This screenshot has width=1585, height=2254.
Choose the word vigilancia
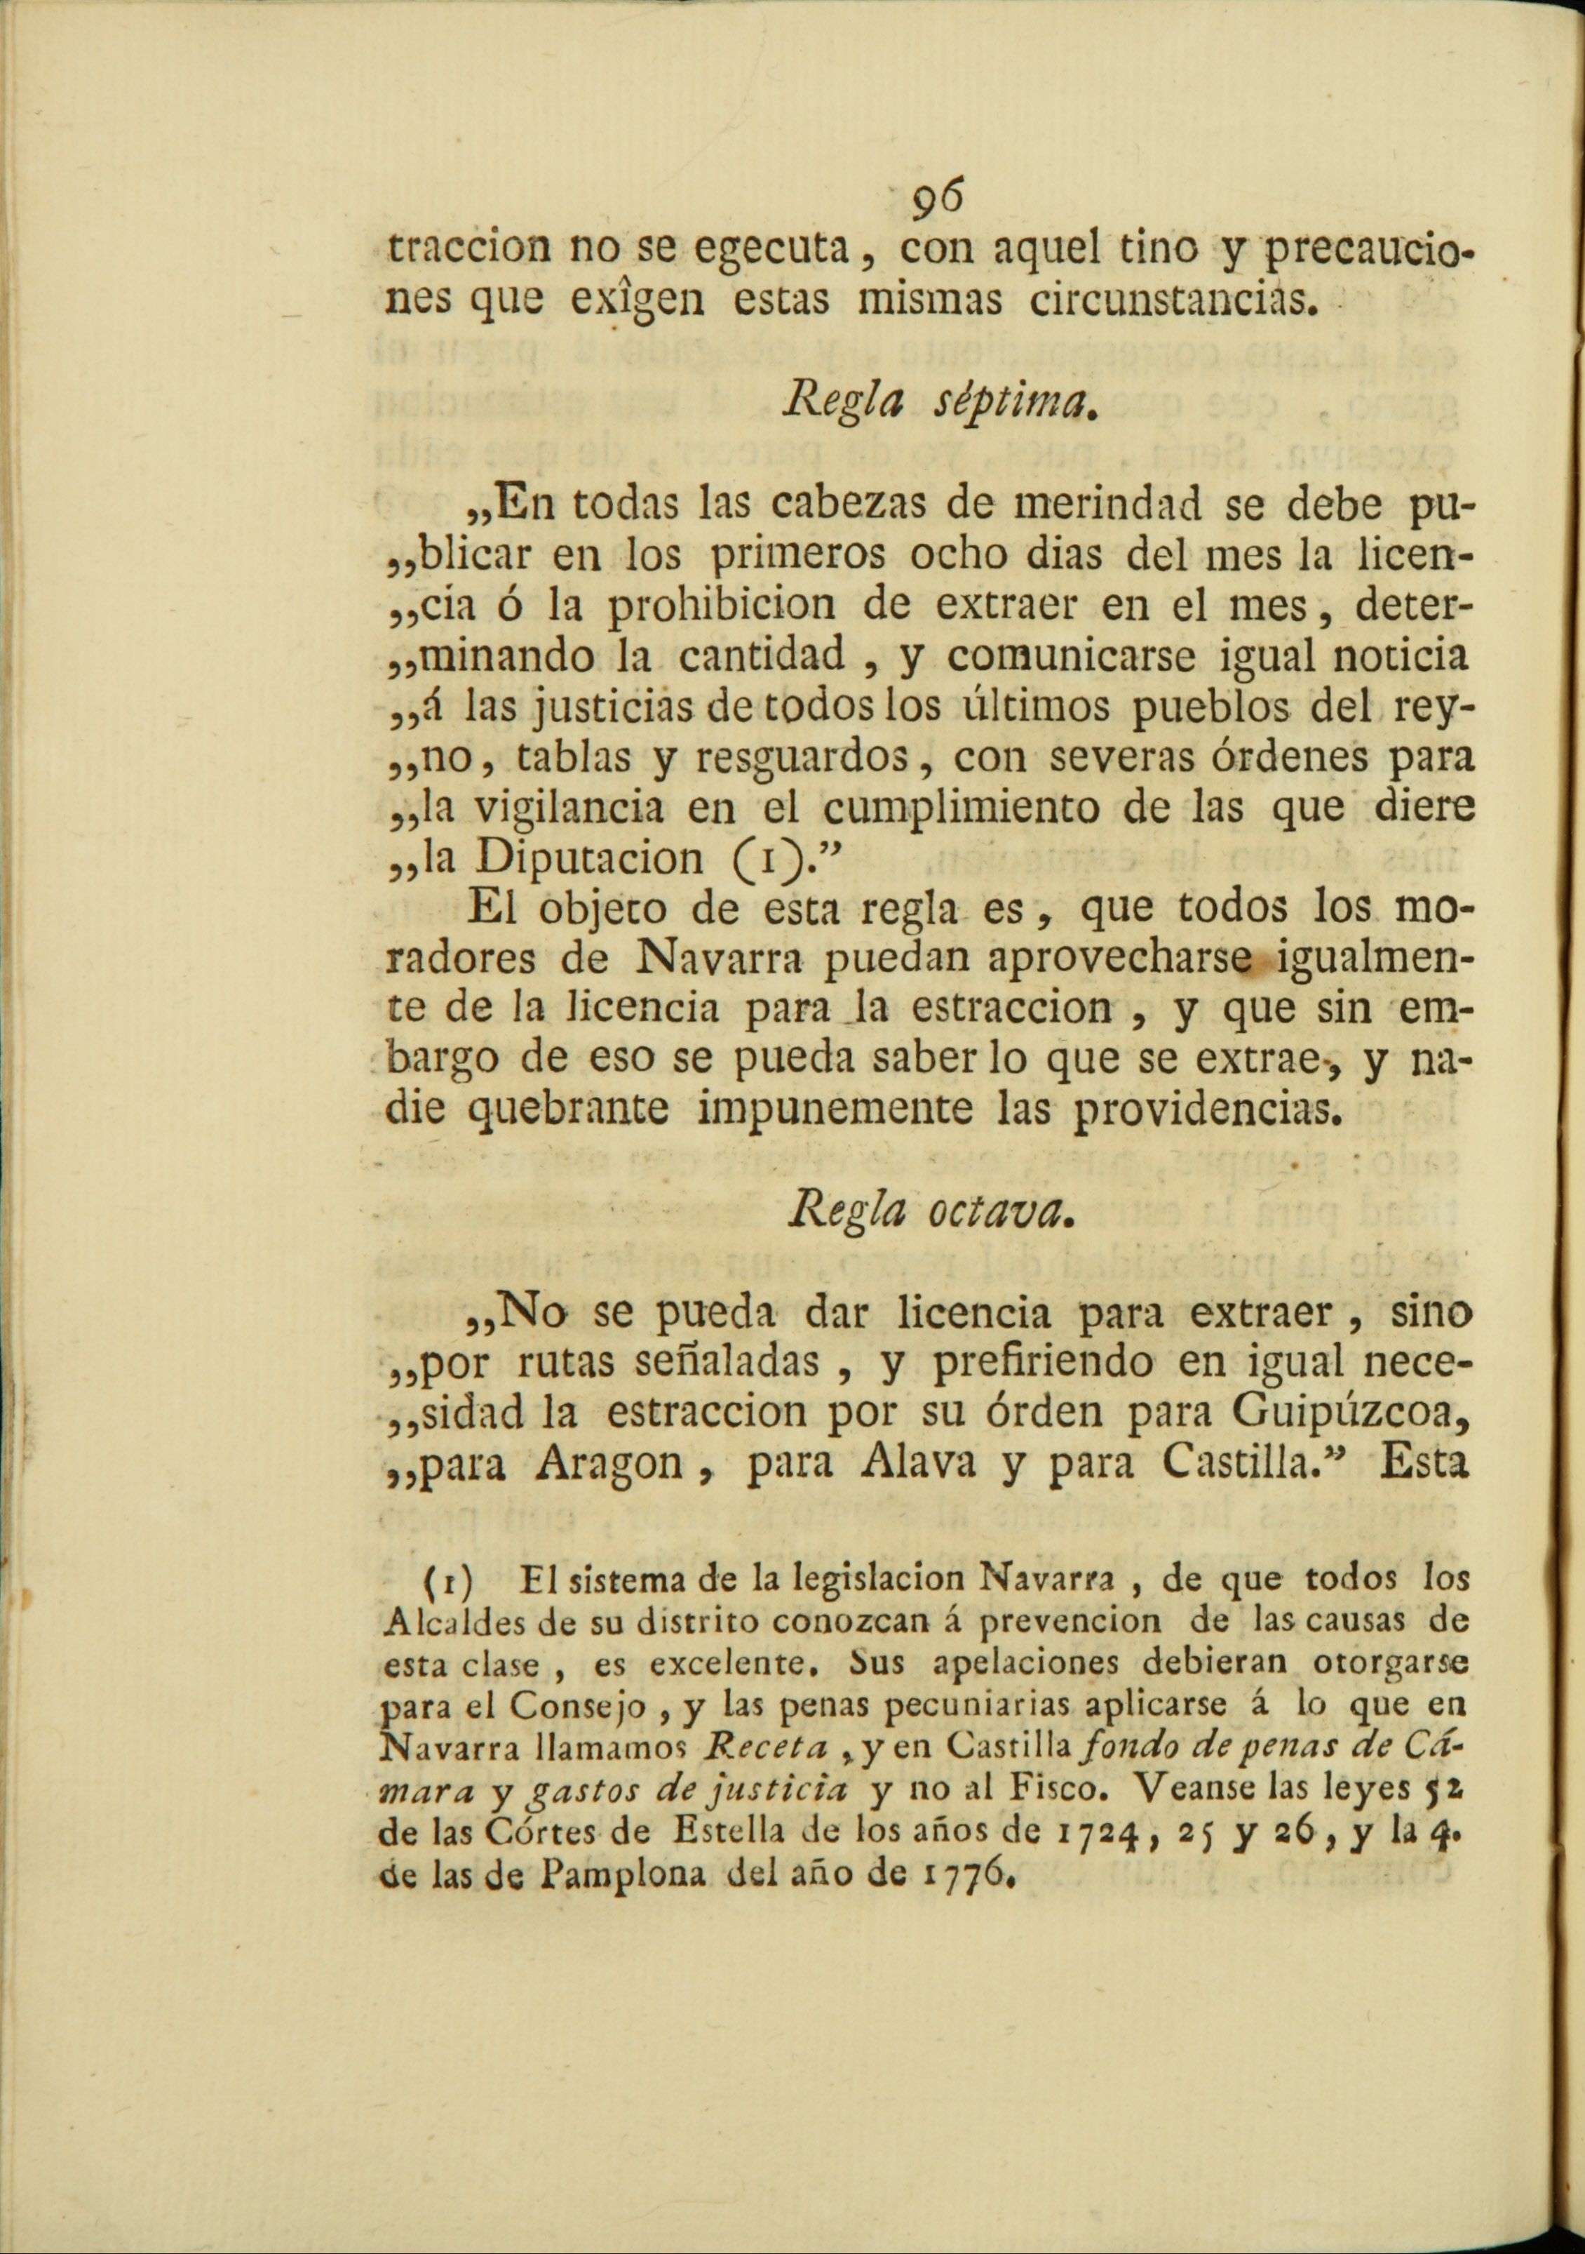coord(568,806)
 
